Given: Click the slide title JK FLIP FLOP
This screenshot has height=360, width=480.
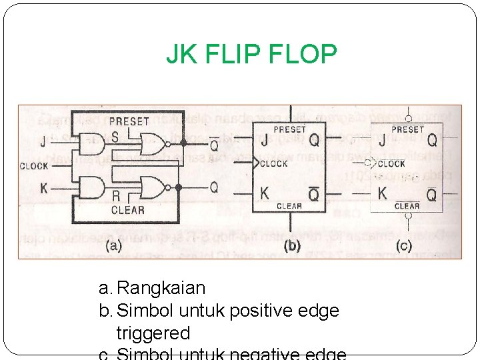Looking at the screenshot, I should pos(251,55).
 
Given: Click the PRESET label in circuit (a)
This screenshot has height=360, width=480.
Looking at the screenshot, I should pos(129,121).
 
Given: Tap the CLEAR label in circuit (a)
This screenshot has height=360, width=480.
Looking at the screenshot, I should pos(128,209).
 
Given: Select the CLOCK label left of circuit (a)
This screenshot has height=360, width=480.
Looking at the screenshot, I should pos(34,166).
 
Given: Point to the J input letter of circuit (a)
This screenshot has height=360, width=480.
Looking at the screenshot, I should pos(43,141).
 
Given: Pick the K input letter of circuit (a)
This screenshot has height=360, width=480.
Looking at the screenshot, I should pos(44,189).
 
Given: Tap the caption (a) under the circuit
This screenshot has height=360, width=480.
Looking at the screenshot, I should pos(113,245).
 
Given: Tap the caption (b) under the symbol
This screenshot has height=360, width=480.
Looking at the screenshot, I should pos(292,245).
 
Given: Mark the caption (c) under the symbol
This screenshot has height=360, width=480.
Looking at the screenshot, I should pos(403,245).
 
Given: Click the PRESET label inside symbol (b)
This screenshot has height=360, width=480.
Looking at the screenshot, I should pos(289,129).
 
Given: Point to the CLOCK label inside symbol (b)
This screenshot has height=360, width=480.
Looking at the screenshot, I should pos(274,163).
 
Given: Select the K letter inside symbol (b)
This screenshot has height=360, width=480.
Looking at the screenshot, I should pos(265,193).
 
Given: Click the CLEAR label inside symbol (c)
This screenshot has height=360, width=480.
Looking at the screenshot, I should pos(407,206).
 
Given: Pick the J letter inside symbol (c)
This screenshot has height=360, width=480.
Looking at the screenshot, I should pos(382,141).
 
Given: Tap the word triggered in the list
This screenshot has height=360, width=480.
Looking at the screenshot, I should pos(153,333).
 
